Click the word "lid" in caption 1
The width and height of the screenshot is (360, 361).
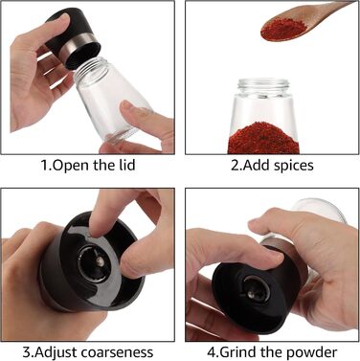[128, 165]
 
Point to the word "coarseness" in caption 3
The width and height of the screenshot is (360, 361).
[117, 352]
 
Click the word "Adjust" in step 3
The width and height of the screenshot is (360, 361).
[56, 353]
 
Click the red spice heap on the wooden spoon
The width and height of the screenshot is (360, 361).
[283, 29]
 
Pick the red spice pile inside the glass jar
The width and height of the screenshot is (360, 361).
[263, 139]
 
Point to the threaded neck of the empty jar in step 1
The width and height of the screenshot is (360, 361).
[89, 70]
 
